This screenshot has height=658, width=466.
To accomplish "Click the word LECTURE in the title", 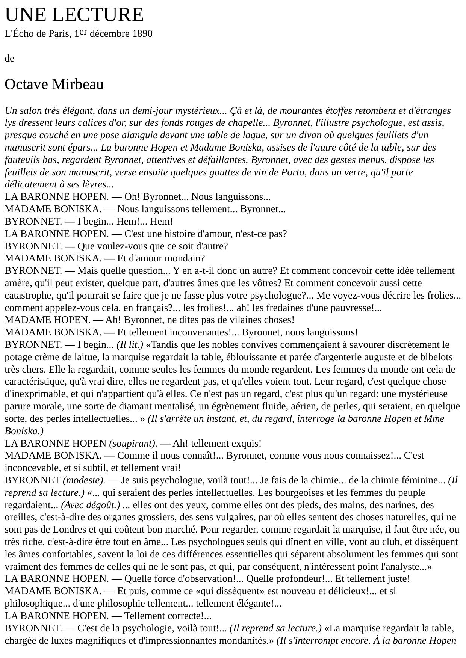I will click(x=98, y=15).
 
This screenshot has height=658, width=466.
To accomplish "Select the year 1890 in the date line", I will click(x=142, y=34).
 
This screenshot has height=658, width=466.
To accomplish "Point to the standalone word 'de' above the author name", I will click(x=9, y=59).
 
